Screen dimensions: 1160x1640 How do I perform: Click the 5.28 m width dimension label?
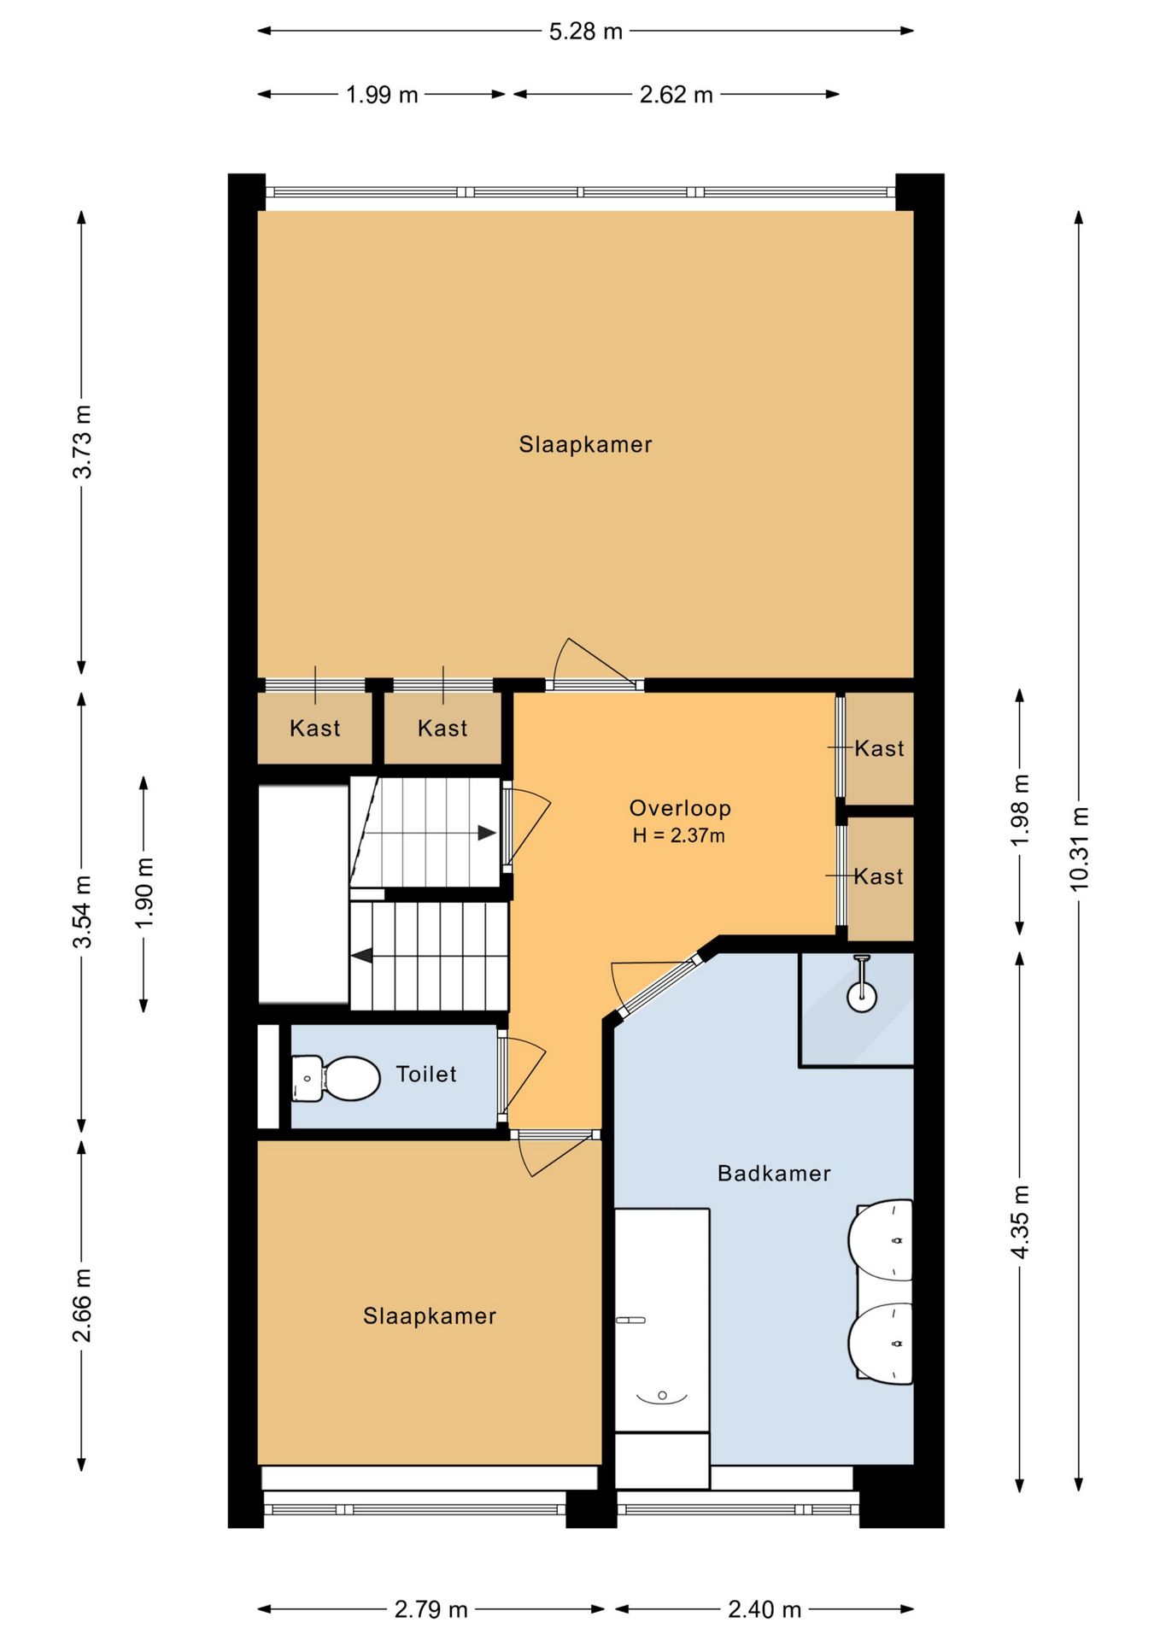(585, 32)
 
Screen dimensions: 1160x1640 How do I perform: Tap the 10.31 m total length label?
(1080, 848)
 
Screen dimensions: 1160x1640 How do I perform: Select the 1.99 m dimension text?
(382, 95)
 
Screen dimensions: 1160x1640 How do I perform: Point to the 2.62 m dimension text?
(676, 95)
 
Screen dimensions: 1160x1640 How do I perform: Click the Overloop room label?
(680, 808)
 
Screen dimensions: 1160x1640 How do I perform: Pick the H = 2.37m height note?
(679, 835)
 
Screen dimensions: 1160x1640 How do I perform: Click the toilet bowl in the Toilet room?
(336, 1079)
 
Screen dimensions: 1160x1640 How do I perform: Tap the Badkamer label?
(774, 1173)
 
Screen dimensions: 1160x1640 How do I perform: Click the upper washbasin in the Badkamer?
(881, 1240)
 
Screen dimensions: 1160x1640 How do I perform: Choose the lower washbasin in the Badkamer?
(881, 1344)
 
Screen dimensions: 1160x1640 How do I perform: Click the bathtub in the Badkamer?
(662, 1320)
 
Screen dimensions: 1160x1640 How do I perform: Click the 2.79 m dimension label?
(431, 1610)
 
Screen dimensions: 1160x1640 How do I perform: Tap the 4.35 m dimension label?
(1020, 1221)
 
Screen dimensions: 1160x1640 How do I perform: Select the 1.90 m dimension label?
(144, 893)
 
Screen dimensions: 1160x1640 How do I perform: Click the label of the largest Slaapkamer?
(585, 444)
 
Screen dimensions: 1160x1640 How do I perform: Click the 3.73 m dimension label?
(82, 442)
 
